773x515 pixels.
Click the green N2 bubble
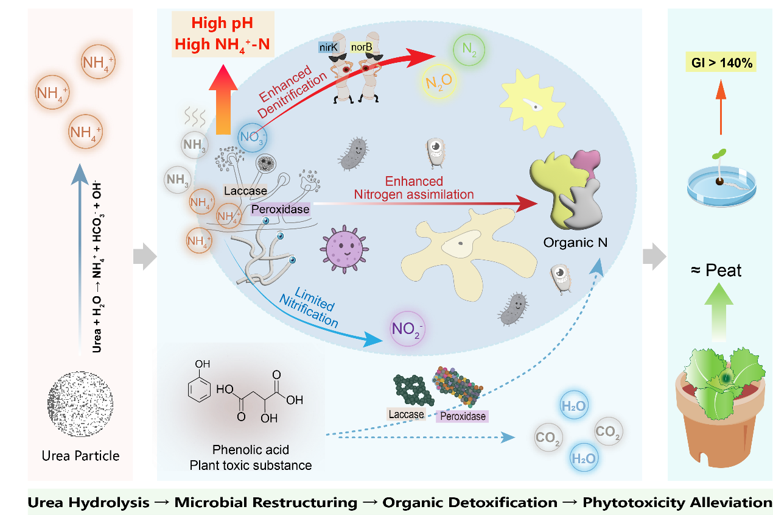[x=469, y=50]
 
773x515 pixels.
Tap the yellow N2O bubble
[x=439, y=82]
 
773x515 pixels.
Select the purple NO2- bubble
[x=407, y=329]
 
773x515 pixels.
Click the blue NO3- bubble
[x=252, y=138]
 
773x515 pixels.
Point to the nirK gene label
[x=328, y=47]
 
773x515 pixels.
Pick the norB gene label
[x=362, y=47]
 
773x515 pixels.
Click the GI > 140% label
[x=721, y=63]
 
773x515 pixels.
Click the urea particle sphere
[x=80, y=404]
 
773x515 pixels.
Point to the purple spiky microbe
[x=344, y=249]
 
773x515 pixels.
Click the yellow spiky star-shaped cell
[x=532, y=103]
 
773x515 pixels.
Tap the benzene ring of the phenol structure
[x=199, y=389]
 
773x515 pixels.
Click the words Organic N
[x=575, y=243]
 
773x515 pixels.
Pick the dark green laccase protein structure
[x=413, y=390]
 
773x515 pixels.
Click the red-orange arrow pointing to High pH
[x=223, y=99]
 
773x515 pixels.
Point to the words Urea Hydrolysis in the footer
[x=88, y=503]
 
